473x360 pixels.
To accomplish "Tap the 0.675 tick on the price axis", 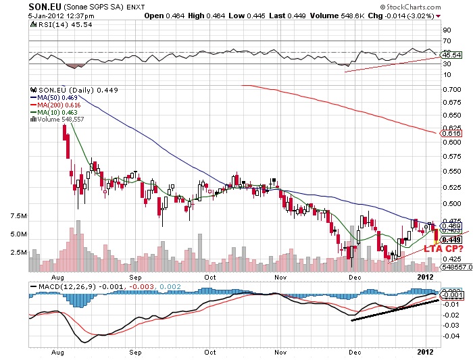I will tap(451, 102).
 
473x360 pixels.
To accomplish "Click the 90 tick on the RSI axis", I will tap(447, 30).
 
